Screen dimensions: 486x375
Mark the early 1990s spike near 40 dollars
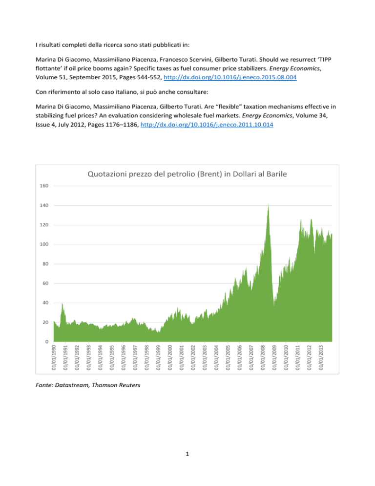point(62,304)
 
